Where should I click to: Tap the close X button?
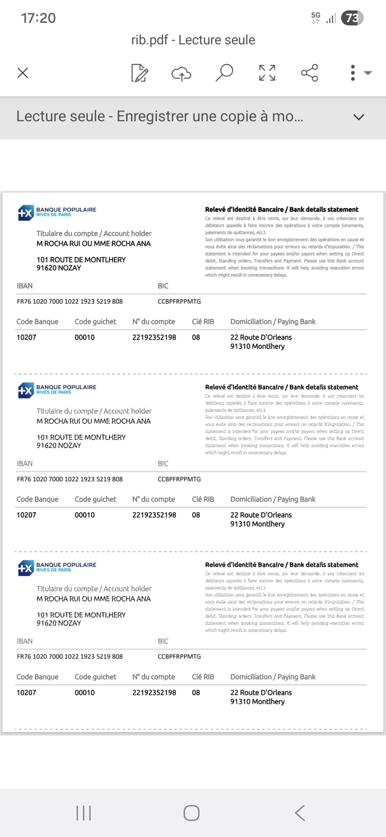click(23, 73)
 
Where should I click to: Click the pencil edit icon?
click(140, 73)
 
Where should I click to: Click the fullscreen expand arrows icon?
click(267, 73)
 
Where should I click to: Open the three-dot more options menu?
click(353, 73)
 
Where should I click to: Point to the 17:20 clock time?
click(38, 18)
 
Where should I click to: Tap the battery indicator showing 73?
click(352, 18)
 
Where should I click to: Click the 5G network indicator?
click(316, 18)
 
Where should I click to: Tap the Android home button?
click(191, 813)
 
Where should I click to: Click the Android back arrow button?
click(300, 813)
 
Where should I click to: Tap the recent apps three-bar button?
click(83, 813)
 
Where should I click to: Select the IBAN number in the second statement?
click(70, 479)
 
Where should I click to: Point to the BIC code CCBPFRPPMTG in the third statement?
click(179, 656)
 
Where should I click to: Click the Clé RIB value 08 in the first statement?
click(196, 337)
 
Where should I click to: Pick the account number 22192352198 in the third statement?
click(154, 692)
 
